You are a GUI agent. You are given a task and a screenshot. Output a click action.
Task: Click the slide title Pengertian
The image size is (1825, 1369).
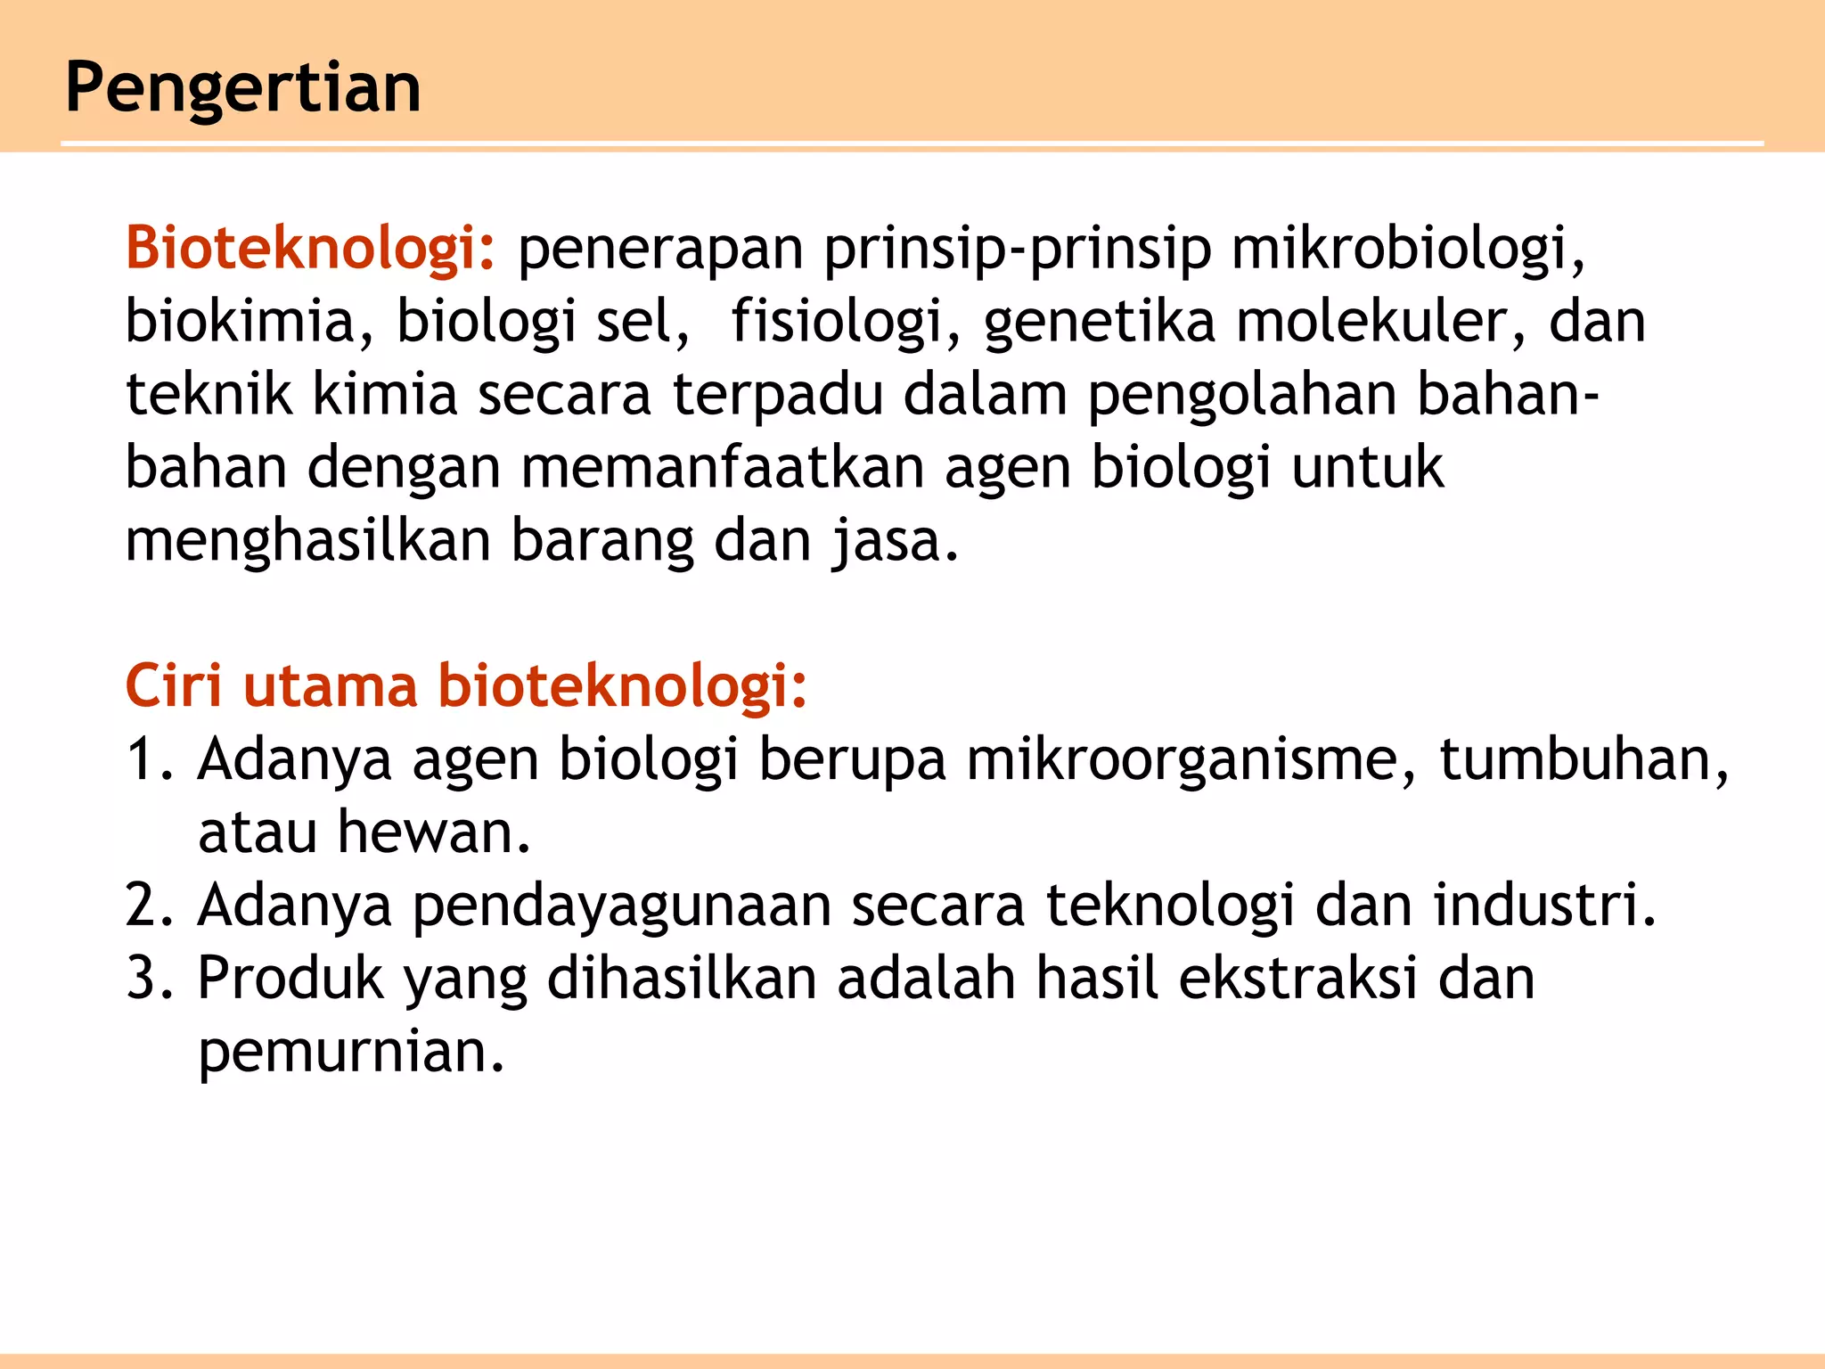243,88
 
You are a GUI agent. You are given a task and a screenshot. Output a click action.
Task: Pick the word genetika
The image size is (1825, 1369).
1100,321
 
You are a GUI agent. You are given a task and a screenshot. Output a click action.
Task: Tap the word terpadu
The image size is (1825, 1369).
778,395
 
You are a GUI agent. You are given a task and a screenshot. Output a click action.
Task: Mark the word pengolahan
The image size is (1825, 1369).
1241,395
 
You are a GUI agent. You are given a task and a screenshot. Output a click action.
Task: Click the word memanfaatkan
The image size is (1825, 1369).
722,468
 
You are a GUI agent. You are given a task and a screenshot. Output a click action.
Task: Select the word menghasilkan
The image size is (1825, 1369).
308,541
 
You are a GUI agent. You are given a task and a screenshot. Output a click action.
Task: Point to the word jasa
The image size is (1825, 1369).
896,541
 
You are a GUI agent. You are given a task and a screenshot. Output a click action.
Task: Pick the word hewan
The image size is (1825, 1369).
433,833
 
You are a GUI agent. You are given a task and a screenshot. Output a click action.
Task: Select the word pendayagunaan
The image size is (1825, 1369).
621,906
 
